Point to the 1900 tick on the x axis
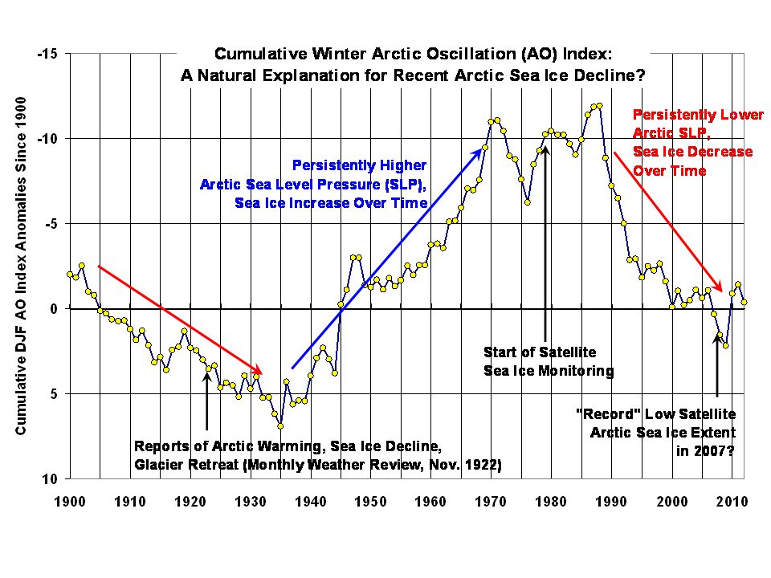point(70,502)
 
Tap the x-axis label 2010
point(731,502)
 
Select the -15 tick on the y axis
point(49,54)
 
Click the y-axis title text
point(22,266)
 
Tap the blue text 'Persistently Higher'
point(359,165)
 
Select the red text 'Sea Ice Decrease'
point(692,152)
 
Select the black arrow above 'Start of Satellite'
point(545,241)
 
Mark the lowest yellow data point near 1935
point(280,425)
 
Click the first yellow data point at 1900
point(70,275)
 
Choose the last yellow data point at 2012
point(744,303)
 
